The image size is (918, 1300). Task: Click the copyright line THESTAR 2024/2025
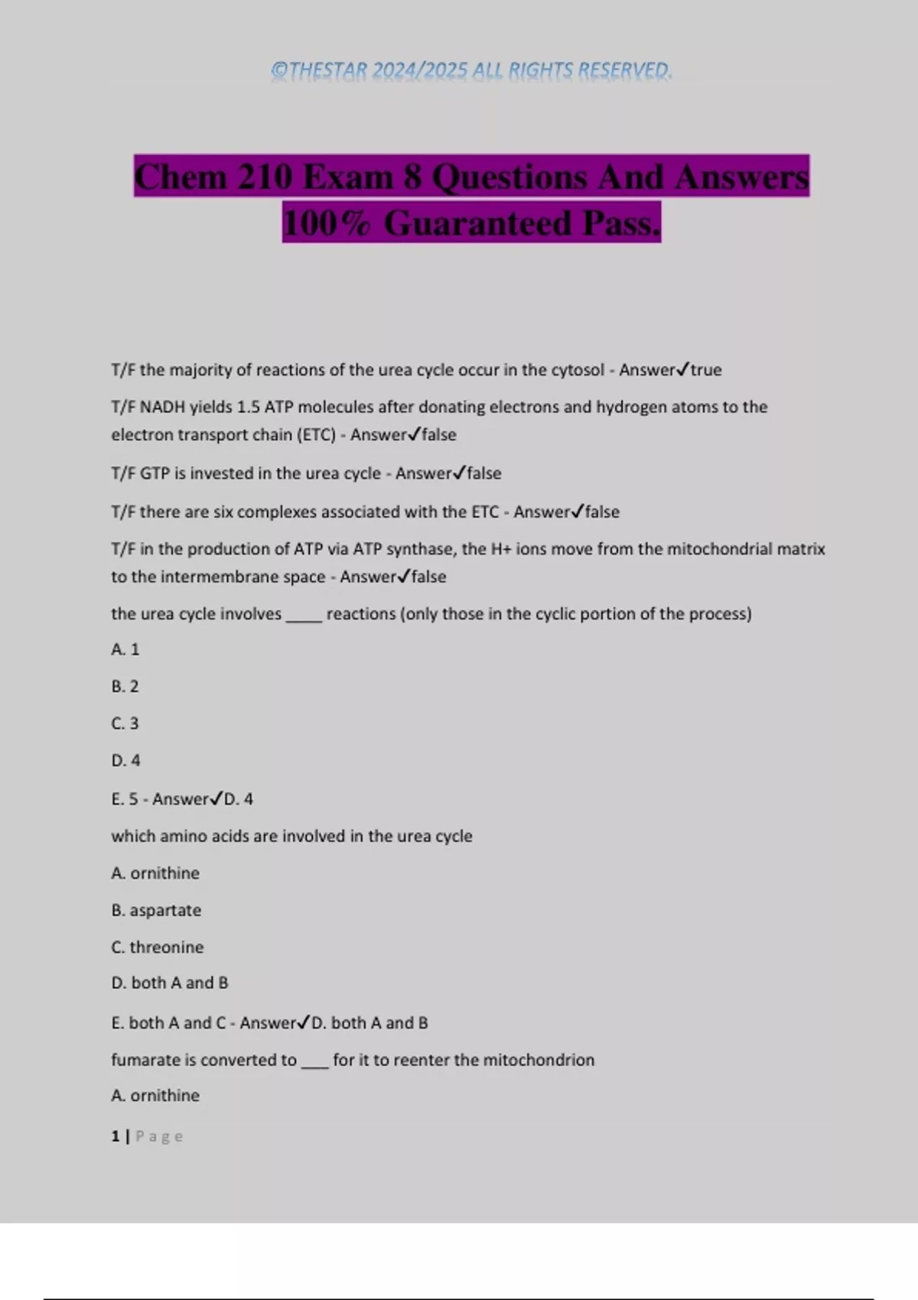pos(471,70)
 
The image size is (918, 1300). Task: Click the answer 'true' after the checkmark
pos(706,370)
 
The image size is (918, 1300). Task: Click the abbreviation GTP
pos(155,473)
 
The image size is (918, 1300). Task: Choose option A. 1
pos(125,649)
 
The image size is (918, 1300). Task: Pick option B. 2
pos(125,687)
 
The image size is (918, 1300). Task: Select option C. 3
pos(125,723)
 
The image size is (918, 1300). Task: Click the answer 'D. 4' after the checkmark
pos(238,799)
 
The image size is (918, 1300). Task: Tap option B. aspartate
pos(156,910)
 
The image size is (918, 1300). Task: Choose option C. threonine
pos(158,947)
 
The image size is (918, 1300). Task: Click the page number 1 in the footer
pos(115,1136)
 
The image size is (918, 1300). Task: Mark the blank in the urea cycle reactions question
pos(304,618)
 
